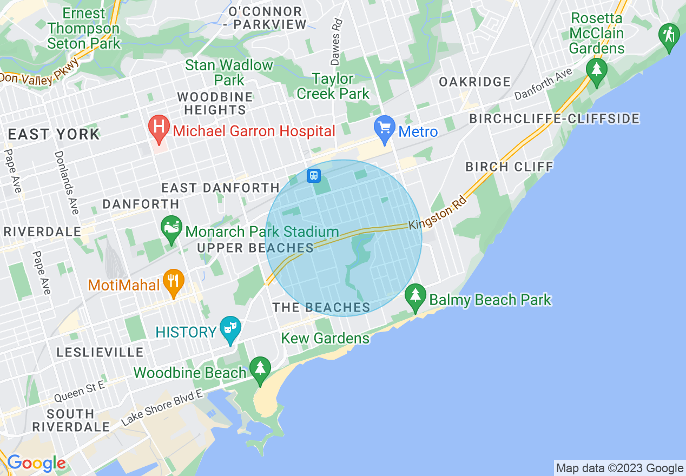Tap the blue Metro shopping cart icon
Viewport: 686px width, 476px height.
click(385, 129)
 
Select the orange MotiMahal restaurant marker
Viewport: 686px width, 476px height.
click(173, 282)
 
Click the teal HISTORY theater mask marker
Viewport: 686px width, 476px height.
click(230, 329)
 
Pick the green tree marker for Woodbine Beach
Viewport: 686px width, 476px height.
click(260, 369)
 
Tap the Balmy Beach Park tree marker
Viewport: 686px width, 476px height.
click(415, 296)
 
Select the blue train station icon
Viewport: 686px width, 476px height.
click(314, 175)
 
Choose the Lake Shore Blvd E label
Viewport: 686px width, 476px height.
click(162, 407)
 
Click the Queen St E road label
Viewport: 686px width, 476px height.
click(80, 392)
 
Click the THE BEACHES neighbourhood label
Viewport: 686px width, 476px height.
click(321, 308)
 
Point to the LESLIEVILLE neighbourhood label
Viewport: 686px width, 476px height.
click(100, 352)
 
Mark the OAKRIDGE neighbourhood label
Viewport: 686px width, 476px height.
click(475, 82)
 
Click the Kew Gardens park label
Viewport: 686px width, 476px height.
click(325, 339)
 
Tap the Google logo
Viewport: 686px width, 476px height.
click(36, 464)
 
